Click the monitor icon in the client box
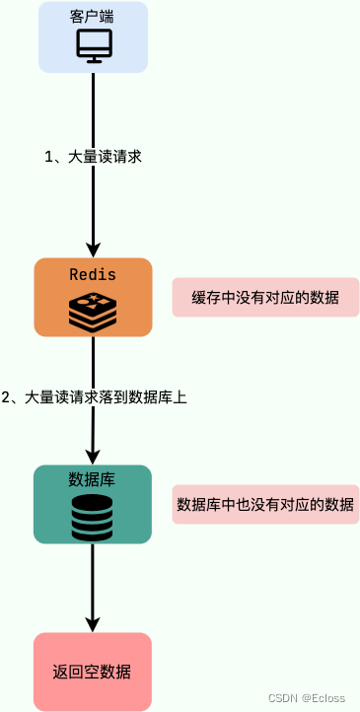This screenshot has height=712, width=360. coord(94,46)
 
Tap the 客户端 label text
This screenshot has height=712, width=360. coord(93,18)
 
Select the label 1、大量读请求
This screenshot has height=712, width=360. coord(94,156)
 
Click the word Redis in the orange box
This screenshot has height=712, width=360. coord(93,274)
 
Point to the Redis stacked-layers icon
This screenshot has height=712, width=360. coord(93,311)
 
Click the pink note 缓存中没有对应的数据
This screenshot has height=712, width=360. coord(265,297)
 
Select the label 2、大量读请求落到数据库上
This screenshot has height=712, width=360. coord(95,397)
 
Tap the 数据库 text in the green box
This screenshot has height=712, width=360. coord(92,479)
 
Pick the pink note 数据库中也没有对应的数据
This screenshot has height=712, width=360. coord(265,504)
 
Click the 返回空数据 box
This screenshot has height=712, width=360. coord(92,672)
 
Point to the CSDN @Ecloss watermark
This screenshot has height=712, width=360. coord(307,697)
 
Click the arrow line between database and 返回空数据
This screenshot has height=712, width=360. coord(93,582)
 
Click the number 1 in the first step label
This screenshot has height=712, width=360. coord(49,156)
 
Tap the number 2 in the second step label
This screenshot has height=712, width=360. coord(6,397)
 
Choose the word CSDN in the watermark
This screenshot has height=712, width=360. coord(283,697)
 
